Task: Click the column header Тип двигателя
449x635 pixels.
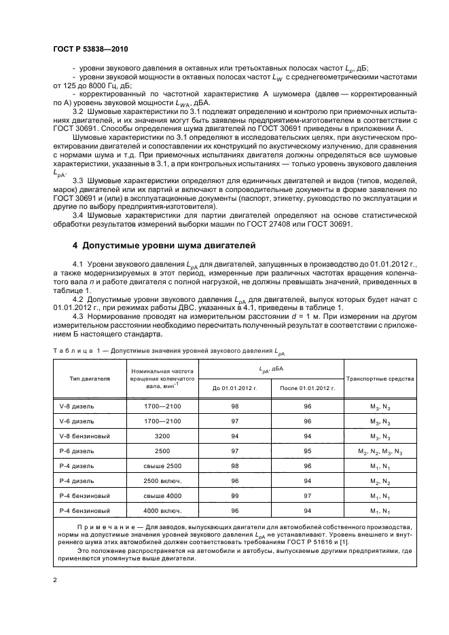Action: pyautogui.click(x=85, y=378)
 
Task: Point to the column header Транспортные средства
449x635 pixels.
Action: pyautogui.click(x=380, y=378)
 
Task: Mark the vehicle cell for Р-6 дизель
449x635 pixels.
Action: pyautogui.click(x=380, y=450)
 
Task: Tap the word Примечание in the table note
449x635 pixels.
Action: pyautogui.click(x=103, y=526)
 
